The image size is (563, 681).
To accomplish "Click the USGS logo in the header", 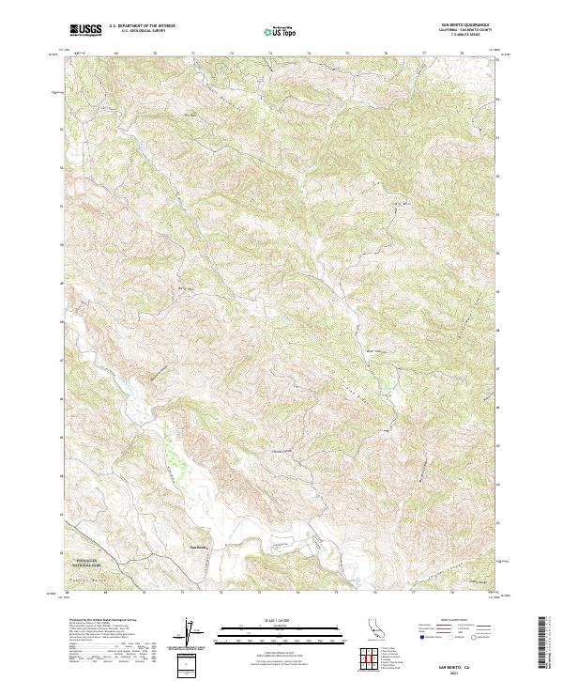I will click(85, 30).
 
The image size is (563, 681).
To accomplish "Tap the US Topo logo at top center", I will click(281, 31).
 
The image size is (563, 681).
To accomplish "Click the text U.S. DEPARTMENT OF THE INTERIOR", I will click(142, 27).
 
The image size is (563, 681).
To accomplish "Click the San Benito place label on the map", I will click(199, 547).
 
